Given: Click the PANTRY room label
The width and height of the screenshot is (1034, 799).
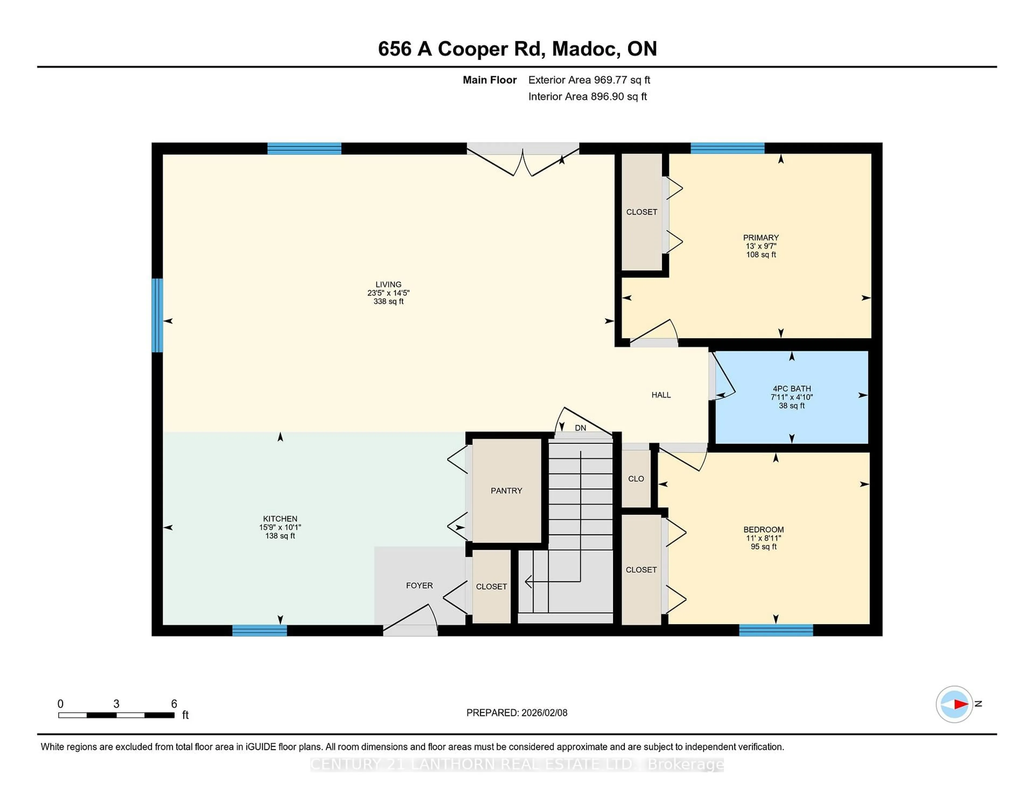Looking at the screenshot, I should tap(506, 491).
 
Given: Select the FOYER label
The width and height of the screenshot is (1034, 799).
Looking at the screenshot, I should tap(419, 586).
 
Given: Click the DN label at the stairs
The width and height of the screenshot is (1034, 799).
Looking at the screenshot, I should tap(581, 428).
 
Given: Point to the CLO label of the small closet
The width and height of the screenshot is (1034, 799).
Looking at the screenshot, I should tap(636, 479).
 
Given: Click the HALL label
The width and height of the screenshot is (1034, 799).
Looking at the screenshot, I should tap(661, 395).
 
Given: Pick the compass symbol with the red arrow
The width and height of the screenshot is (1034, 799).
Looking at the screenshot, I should tap(954, 704).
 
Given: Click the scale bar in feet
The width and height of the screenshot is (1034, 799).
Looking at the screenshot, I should tap(117, 715).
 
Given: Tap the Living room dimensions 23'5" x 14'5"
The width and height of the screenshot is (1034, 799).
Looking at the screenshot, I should tap(388, 293).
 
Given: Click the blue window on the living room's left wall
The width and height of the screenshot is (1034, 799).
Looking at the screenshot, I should tap(157, 315).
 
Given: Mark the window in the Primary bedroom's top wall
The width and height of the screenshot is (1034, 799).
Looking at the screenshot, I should tap(727, 148).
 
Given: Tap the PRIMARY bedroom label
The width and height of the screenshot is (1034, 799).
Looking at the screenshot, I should tap(761, 238).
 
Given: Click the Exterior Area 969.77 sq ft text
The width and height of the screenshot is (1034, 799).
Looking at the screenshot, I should tap(589, 80).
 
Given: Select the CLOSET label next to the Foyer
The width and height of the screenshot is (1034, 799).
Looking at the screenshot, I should tap(491, 587).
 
